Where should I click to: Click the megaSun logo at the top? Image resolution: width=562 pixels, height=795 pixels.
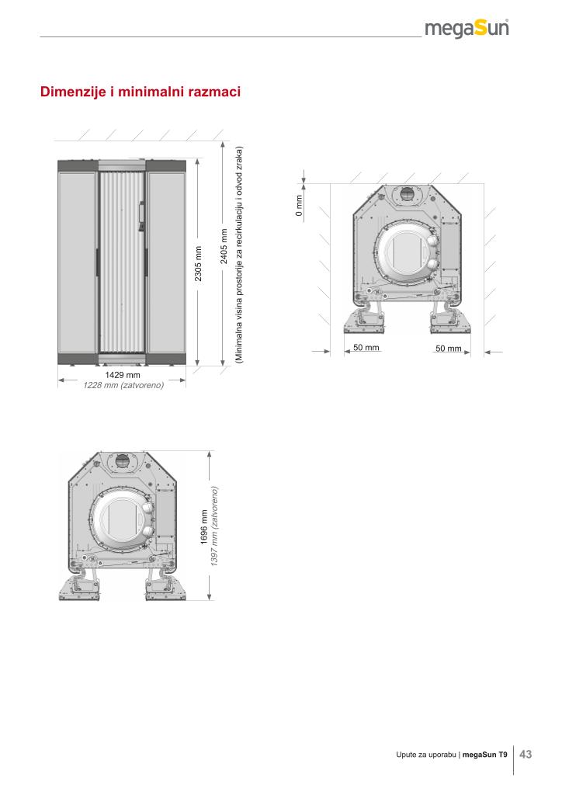[x=467, y=29]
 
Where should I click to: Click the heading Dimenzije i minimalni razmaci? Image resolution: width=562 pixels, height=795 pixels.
[x=140, y=92]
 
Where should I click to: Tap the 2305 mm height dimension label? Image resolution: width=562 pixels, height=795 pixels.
[x=198, y=264]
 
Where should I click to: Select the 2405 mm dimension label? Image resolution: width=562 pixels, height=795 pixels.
[x=224, y=246]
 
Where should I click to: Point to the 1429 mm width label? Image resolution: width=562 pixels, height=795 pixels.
[x=122, y=375]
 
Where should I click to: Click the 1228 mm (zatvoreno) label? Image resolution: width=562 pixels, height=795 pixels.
[x=123, y=385]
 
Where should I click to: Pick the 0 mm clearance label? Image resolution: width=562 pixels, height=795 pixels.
[x=299, y=206]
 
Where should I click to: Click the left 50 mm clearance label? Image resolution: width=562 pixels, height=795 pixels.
[x=366, y=347]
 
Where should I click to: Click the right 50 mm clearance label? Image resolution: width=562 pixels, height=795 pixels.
[x=449, y=349]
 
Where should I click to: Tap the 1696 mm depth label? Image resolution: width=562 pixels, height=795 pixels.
[x=204, y=527]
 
